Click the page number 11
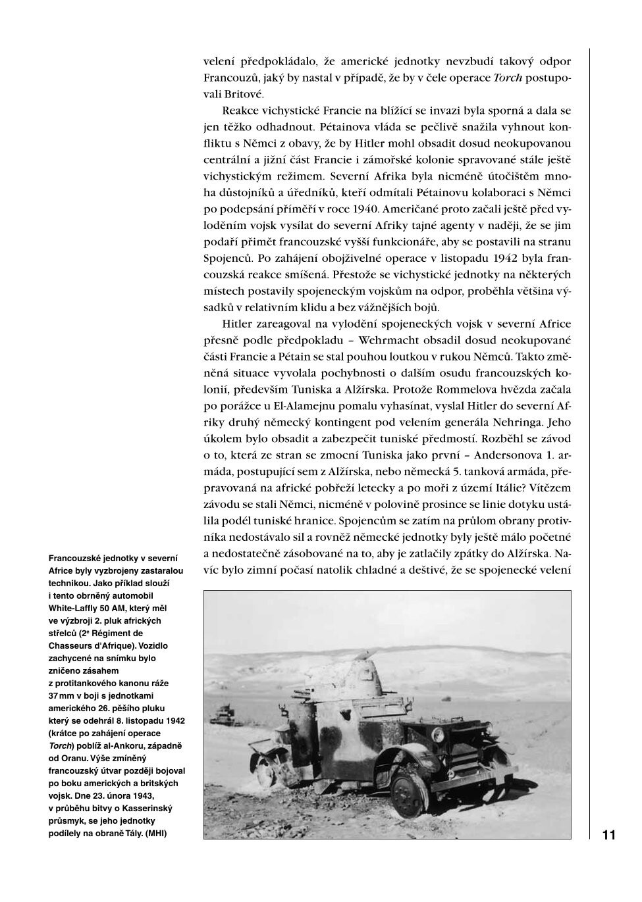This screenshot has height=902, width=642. coord(608,835)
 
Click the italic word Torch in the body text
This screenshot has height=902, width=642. coord(508,78)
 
